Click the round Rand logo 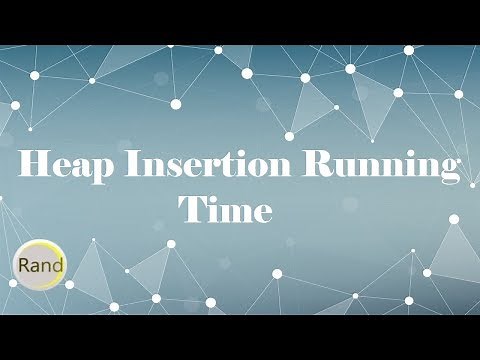point(40,265)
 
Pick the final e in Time point(263,213)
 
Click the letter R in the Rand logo point(21,266)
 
